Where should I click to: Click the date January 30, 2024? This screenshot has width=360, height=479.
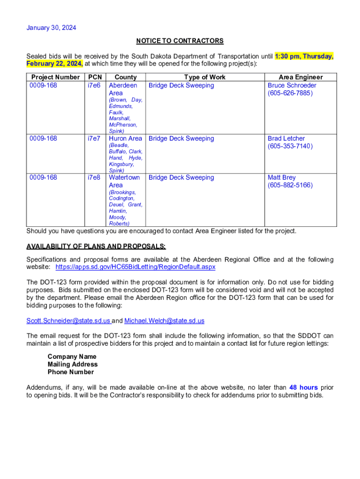[51, 28]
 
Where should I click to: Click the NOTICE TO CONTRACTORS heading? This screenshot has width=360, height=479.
[180, 41]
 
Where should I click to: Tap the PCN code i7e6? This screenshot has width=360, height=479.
[94, 86]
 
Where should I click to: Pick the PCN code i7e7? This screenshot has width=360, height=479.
[94, 138]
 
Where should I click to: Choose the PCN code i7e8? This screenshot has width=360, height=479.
[94, 178]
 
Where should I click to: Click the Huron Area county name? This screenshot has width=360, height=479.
[125, 138]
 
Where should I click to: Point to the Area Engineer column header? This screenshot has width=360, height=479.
[301, 77]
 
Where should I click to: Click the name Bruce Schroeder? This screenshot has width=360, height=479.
[292, 86]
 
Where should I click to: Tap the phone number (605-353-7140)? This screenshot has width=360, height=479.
[290, 146]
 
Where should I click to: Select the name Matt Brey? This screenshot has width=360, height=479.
[281, 178]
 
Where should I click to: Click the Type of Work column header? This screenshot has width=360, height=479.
[204, 77]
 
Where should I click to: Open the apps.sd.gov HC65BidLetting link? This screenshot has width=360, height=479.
[136, 267]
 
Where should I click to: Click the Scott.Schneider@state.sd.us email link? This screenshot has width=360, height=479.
[68, 321]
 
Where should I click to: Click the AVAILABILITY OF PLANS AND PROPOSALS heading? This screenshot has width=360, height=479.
[96, 247]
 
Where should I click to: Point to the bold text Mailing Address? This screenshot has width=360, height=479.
[72, 364]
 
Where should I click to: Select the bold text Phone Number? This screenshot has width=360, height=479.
[71, 372]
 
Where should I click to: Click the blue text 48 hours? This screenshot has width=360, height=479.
[303, 387]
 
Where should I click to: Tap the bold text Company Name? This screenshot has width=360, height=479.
[72, 357]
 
